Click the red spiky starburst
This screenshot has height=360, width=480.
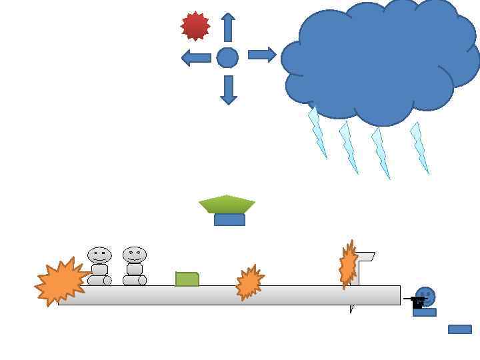tap(195, 26)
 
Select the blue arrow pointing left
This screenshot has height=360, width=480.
tap(196, 58)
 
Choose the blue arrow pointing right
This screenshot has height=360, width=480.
tap(262, 55)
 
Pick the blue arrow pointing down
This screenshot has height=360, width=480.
tap(229, 90)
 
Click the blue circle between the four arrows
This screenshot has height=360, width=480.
tap(227, 58)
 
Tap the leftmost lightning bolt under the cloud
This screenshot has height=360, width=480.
tap(317, 133)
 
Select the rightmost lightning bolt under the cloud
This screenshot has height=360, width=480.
tap(419, 147)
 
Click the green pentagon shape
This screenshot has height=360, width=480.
tap(227, 204)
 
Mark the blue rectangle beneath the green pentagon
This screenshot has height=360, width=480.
tap(229, 220)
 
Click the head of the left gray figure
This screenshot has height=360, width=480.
tap(99, 255)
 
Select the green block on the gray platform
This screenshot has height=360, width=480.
tap(187, 279)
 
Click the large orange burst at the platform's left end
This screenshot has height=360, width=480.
tap(61, 281)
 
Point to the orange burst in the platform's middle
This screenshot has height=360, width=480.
tap(249, 283)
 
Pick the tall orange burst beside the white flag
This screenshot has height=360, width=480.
tap(347, 265)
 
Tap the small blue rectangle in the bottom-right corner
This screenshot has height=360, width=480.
tap(460, 329)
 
